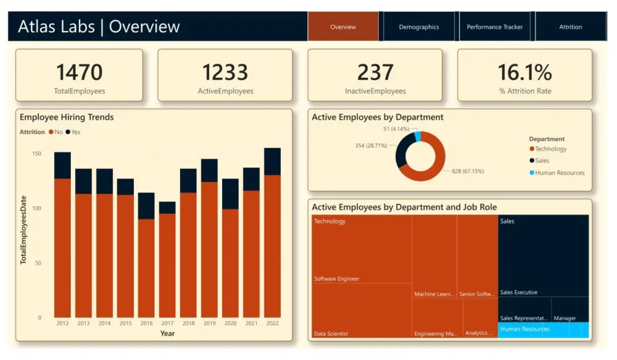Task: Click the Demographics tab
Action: (419, 27)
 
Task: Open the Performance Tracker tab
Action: (494, 27)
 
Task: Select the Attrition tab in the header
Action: (570, 27)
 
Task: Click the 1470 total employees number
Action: (79, 72)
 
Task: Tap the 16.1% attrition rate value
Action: (524, 72)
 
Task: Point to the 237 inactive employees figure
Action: (375, 72)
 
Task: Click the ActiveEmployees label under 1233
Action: (225, 91)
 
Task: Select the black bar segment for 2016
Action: (146, 206)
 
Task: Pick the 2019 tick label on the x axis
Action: (209, 324)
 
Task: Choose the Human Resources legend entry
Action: (559, 173)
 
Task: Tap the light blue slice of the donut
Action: (418, 136)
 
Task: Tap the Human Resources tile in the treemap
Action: (543, 330)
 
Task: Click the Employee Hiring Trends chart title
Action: (67, 117)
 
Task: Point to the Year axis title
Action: (167, 333)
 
